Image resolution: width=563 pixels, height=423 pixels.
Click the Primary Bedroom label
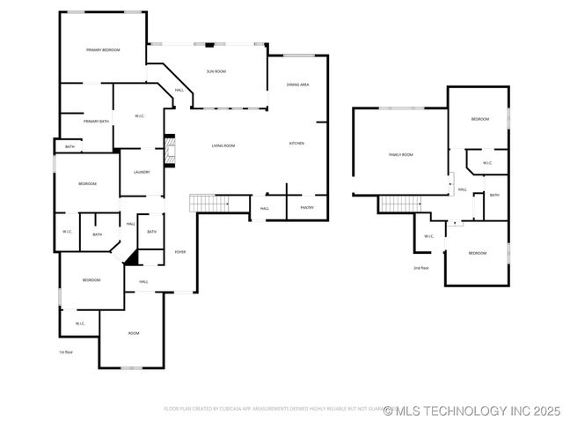click(103, 50)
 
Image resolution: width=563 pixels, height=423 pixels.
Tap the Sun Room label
click(216, 71)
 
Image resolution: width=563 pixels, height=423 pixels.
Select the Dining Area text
click(297, 85)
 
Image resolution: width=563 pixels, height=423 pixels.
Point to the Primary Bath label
click(97, 121)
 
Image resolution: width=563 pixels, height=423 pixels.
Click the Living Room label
click(223, 145)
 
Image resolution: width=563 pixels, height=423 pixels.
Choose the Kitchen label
click(297, 143)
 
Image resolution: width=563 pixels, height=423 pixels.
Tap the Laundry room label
click(142, 173)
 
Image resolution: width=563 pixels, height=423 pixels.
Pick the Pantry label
click(307, 208)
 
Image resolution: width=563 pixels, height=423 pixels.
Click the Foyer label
click(180, 252)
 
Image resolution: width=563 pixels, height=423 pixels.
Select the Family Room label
click(401, 154)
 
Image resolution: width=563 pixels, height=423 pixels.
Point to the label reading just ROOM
click(134, 333)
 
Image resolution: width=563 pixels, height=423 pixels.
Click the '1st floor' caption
click(66, 352)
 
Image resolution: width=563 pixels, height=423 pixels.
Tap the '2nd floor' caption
click(421, 267)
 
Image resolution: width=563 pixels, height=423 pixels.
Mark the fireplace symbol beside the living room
click(172, 151)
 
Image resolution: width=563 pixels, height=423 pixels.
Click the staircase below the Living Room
click(209, 204)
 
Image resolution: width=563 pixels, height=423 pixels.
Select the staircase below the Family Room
click(398, 204)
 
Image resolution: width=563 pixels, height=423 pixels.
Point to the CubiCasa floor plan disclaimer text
click(273, 409)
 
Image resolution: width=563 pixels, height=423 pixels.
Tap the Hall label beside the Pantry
click(265, 209)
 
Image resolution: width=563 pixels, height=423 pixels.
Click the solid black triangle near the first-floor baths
click(132, 256)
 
